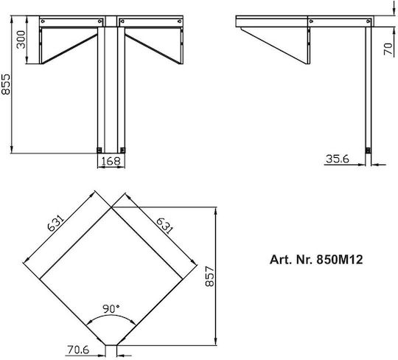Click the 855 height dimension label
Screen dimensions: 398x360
coord(6,84)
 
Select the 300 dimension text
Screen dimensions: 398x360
coord(21,40)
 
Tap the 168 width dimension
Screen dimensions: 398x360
coord(111,161)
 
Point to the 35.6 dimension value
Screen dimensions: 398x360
coord(338,159)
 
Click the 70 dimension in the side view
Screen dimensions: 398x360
coord(388,49)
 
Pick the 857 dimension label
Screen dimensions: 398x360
coord(209,276)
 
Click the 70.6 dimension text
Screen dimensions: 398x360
coord(78,350)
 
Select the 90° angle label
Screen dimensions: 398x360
coord(111,308)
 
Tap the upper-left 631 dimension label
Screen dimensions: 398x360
coord(55,224)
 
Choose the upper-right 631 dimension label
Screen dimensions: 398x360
coord(165,226)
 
